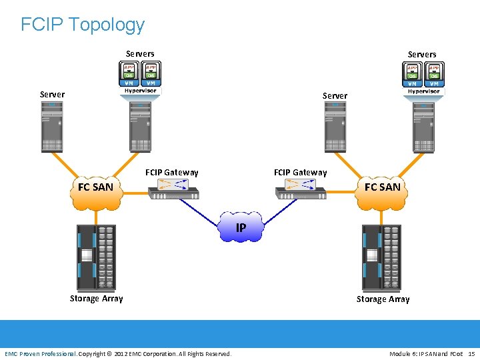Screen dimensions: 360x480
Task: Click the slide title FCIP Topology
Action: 83,25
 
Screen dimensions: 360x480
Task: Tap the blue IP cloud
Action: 241,228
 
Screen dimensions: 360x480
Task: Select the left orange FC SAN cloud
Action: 96,189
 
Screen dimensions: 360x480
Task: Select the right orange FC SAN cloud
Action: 383,189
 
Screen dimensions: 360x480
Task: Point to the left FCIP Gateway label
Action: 172,173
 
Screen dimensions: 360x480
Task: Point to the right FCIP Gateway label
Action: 301,173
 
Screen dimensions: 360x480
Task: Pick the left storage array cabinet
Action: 97,256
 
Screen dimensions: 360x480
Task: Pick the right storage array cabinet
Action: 382,256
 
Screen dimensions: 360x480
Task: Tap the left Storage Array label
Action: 97,299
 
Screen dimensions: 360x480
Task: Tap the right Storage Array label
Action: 383,299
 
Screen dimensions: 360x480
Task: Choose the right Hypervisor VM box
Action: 423,79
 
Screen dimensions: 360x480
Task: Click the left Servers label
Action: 140,54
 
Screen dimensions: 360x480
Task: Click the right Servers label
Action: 422,54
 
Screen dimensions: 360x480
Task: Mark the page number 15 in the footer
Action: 471,353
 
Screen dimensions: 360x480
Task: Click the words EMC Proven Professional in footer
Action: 41,353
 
